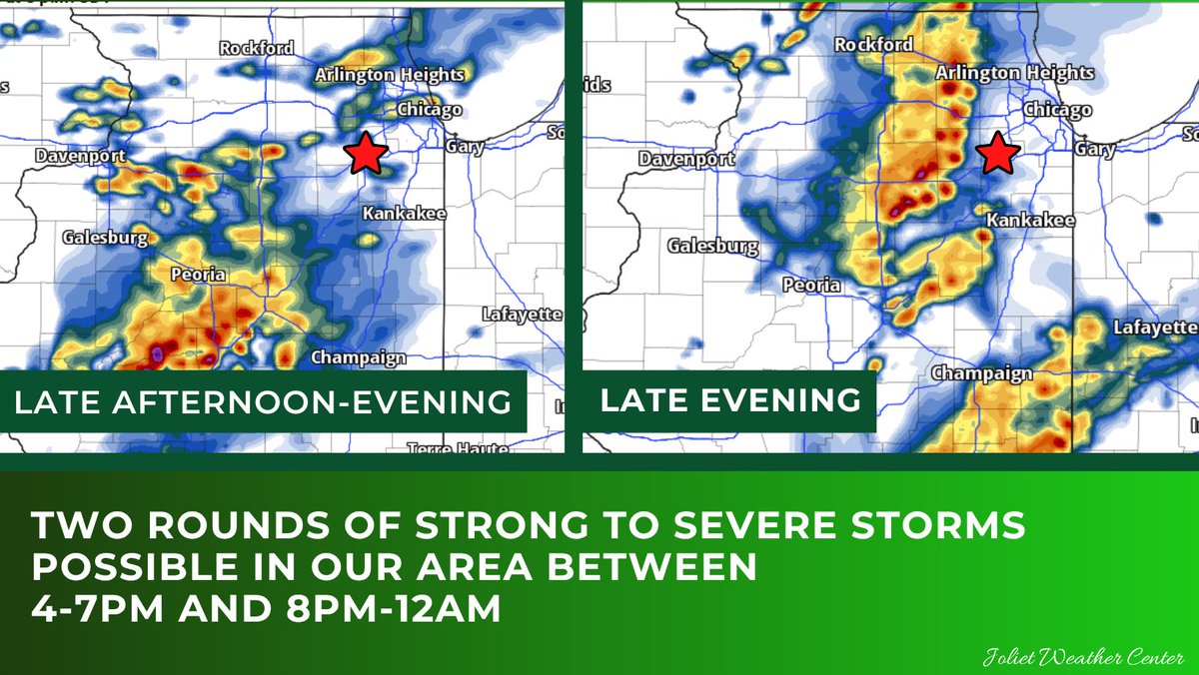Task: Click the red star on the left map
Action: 367,154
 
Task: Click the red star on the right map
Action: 997,154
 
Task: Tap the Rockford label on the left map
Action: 257,48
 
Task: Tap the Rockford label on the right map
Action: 873,44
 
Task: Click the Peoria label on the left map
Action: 198,275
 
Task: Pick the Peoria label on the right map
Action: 811,285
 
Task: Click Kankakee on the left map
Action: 404,214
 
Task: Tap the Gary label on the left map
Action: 466,147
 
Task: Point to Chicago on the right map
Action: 1058,110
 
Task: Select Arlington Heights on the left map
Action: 390,75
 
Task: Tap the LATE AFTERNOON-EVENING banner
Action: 263,402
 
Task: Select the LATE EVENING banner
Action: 729,401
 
